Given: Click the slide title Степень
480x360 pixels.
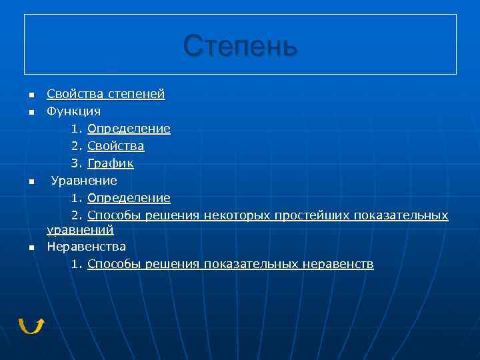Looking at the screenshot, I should pos(240,46).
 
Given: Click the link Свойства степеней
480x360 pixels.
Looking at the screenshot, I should pos(105,94).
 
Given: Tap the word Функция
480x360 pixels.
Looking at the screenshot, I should pos(73,111).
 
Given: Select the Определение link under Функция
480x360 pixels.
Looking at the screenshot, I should pos(129,129).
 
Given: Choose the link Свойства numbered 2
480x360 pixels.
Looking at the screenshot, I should pos(115,146).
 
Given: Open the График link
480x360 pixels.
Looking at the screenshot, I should pos(110,163).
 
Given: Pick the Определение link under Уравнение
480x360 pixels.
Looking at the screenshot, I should pos(129,198).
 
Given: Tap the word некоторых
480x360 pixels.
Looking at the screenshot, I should pos(237,215).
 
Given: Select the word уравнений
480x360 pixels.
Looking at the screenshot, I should pos(80,230).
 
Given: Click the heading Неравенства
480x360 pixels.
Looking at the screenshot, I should pos(86,247).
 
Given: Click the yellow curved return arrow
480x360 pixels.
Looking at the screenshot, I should pos(31,325).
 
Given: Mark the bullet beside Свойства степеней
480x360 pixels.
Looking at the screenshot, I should pos(31,95).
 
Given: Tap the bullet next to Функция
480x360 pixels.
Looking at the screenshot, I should pos(31,113).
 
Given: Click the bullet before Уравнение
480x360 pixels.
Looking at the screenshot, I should pos(31,182).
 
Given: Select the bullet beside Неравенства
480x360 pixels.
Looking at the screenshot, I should pos(31,248).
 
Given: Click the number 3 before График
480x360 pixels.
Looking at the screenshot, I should pos(75,163).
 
